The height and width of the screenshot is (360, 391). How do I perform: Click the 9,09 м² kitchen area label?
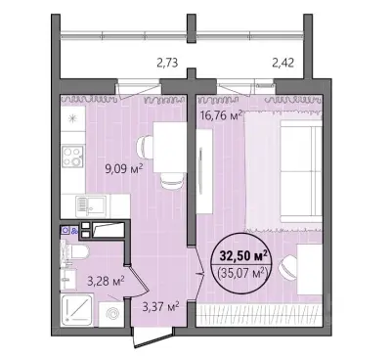click(125, 169)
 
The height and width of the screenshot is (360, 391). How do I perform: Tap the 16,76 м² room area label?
click(222, 115)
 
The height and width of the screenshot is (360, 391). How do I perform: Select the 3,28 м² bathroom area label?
click(106, 280)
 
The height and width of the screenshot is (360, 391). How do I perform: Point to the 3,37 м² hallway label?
click(160, 307)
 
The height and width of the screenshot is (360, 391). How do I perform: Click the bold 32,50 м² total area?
click(243, 255)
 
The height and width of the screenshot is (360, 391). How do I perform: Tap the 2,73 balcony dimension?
click(167, 63)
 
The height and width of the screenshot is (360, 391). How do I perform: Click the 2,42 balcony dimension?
click(283, 63)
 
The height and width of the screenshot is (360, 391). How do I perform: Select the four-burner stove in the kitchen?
click(73, 157)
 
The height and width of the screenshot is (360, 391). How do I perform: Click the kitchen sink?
click(91, 205)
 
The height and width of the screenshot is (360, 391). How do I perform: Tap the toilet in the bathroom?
click(78, 251)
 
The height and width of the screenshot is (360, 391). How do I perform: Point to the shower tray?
click(77, 310)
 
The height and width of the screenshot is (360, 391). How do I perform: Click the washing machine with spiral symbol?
click(111, 314)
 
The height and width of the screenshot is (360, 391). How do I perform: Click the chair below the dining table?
click(172, 180)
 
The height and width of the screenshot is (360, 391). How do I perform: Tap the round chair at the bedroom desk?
click(288, 268)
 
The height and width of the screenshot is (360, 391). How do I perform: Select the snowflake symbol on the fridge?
click(71, 119)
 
